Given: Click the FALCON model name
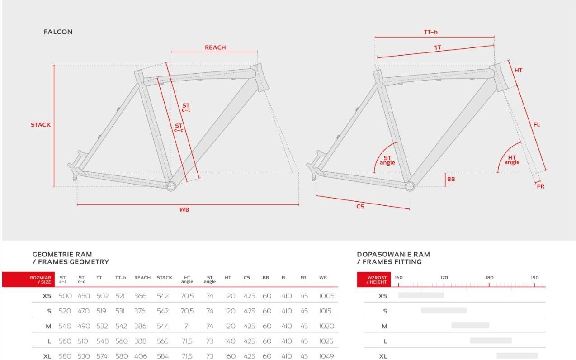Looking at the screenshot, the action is pos(58,32).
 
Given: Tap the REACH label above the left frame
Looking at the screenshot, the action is pos(215,47).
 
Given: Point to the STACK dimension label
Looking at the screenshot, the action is pos(41,125).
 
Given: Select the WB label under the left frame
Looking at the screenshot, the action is pos(184,209).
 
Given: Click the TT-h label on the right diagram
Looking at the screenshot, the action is pos(431,32).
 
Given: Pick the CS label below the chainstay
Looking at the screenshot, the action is pos(360,207).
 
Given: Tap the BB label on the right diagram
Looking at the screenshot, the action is pos(451,179).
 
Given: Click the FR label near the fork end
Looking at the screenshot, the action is pos(541,186).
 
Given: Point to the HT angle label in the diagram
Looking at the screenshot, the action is pos(512,160).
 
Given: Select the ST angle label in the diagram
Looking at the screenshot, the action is pos(387,160).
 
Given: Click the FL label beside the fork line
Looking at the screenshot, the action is pos(537,125).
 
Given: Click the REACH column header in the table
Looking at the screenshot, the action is pos(142,278).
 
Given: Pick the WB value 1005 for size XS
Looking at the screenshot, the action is pos(326,296).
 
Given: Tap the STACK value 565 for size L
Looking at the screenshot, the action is pos(162,341).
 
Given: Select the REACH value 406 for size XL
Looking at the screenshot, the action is pos(141,356).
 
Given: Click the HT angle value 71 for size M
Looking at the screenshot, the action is pos(187,326).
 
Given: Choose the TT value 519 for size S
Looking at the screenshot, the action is pos(101,311).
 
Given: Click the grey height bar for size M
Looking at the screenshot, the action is pos(470,326).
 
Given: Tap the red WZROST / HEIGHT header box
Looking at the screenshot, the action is pos(373,279).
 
